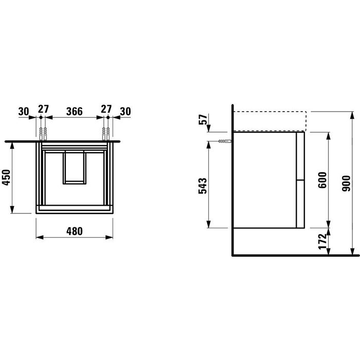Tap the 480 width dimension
(75, 231)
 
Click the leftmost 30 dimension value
(24, 110)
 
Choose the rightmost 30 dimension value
(125, 110)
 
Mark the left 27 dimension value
(43, 110)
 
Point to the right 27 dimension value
(106, 110)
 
